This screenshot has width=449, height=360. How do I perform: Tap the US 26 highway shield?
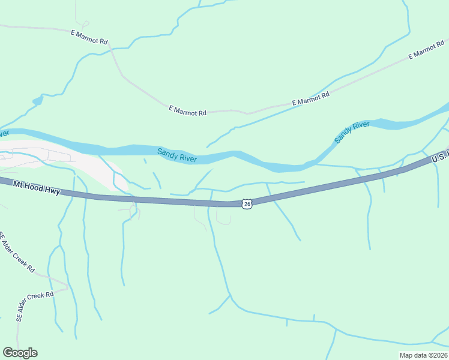[247, 205]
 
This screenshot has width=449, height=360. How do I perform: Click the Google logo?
[20, 352]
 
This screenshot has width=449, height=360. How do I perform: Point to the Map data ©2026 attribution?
[423, 355]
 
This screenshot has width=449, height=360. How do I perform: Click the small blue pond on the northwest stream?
[38, 100]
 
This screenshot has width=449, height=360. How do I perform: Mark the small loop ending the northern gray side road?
[85, 24]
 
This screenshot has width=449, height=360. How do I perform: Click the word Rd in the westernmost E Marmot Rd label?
[103, 42]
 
